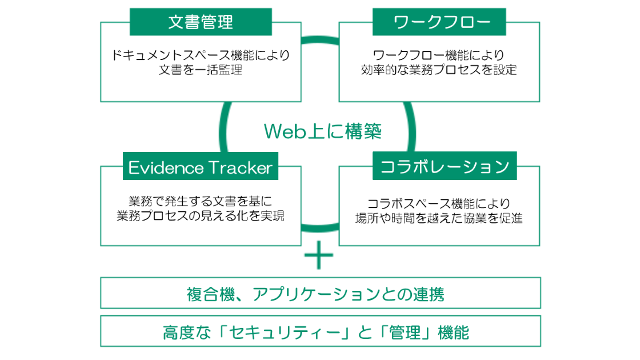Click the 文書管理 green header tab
pos(201,22)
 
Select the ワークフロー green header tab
pos(439,22)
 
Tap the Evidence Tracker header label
pos(200,167)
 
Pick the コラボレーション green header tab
pos(445,166)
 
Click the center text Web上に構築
pos(322,131)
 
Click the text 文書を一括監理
pos(201,70)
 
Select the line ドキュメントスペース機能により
pos(201,55)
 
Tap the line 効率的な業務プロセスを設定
pos(439,70)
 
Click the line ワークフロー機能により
pos(439,55)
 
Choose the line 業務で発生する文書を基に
pos(201,201)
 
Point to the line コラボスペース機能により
pos(439,203)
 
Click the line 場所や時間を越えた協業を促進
pos(439,218)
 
